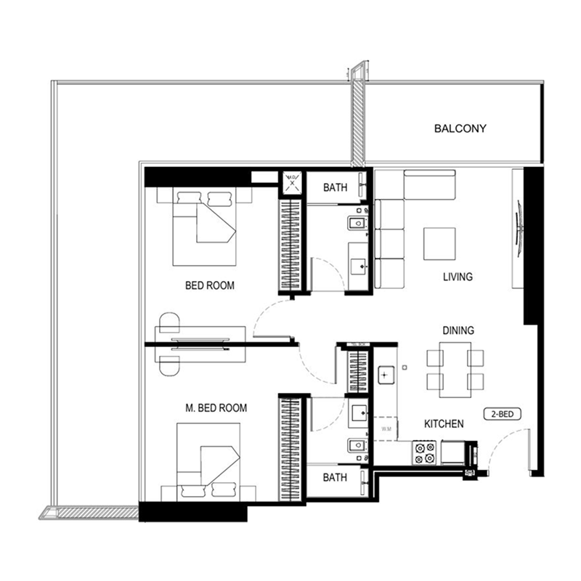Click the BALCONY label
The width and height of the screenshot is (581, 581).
coord(460,129)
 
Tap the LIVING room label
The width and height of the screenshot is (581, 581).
coord(458,277)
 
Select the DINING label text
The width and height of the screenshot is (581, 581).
coord(458,330)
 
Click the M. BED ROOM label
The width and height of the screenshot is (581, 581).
coord(216,408)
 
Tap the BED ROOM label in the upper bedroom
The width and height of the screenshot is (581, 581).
coord(210,285)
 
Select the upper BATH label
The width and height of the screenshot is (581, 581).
coord(335,187)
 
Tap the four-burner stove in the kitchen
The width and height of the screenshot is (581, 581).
coord(425,453)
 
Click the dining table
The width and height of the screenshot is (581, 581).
coord(455,370)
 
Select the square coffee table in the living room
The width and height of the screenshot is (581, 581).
coord(440,244)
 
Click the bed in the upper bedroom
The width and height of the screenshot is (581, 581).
coord(206,225)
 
